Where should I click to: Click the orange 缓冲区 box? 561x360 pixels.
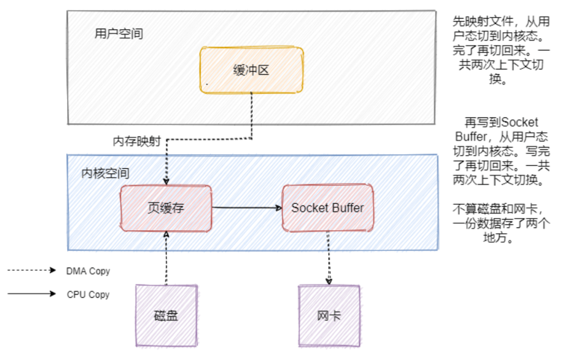(x=251, y=70)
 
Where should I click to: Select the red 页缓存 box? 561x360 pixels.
(x=166, y=208)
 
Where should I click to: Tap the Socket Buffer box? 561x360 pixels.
(x=328, y=208)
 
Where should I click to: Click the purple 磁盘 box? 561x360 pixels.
(x=166, y=315)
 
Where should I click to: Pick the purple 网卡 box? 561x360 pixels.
(x=329, y=315)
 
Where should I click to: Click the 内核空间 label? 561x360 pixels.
(x=105, y=173)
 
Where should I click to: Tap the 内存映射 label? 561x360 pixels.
(x=137, y=142)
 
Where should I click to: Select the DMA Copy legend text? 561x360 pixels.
(x=88, y=271)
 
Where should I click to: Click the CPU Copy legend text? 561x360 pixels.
(x=88, y=295)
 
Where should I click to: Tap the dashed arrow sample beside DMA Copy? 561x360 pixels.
(x=31, y=271)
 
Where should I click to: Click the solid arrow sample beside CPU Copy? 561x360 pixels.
(x=31, y=294)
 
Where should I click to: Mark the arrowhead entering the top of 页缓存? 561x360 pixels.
(x=166, y=181)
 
